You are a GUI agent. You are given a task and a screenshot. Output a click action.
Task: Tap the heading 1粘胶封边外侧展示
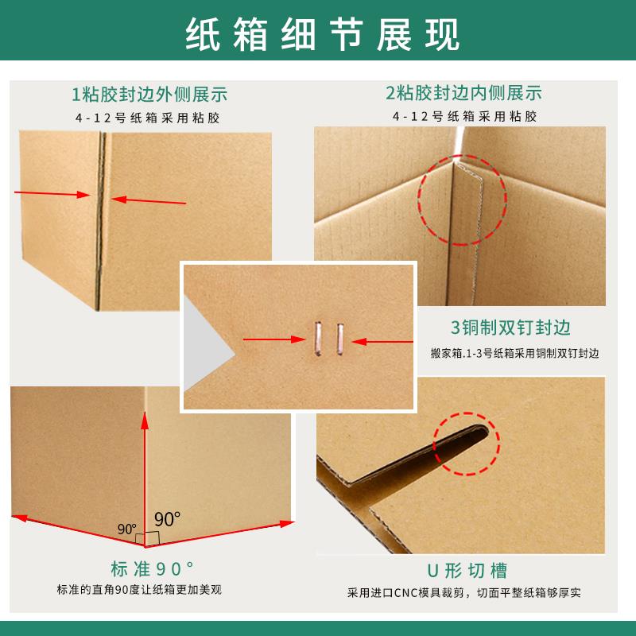tap(149, 95)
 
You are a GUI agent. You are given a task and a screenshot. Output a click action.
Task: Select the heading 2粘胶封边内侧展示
tap(463, 94)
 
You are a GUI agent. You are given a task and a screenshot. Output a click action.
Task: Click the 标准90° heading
tap(152, 569)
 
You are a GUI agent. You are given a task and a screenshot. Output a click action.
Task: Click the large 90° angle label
tap(168, 519)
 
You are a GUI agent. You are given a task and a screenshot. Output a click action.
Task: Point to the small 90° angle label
tap(126, 529)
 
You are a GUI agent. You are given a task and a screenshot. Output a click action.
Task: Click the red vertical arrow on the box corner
tap(144, 477)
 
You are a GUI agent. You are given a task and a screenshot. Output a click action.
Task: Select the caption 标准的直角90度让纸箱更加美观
tap(152, 591)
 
